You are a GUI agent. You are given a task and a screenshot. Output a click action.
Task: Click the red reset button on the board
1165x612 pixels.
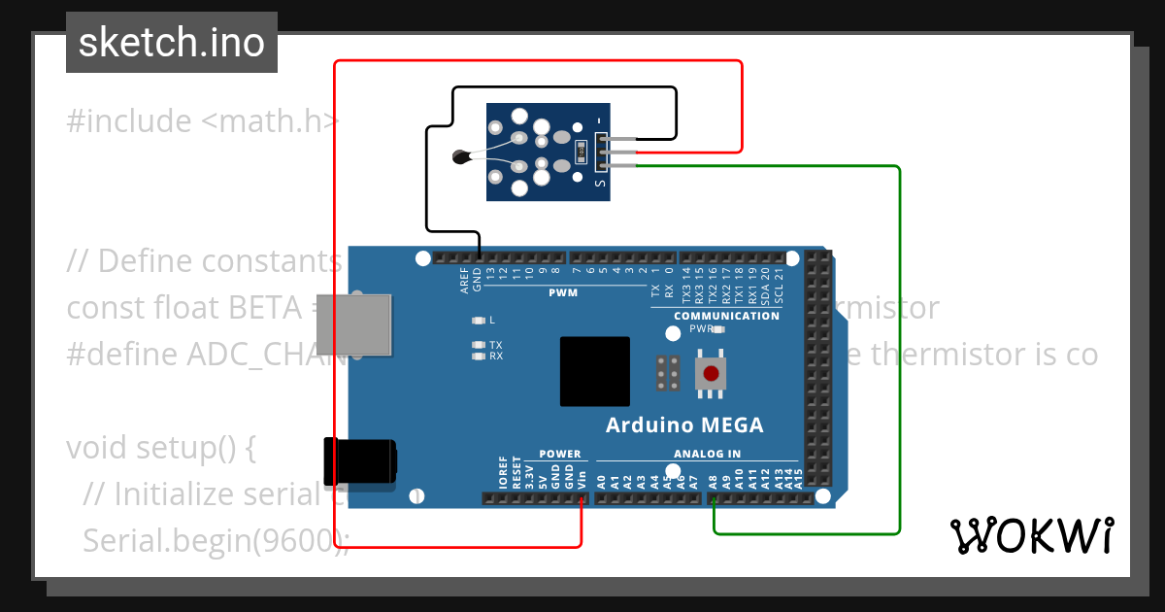pyautogui.click(x=712, y=372)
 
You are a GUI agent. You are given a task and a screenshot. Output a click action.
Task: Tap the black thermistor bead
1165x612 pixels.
pyautogui.click(x=461, y=156)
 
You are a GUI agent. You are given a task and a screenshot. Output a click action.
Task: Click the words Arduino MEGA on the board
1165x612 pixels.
pyautogui.click(x=684, y=425)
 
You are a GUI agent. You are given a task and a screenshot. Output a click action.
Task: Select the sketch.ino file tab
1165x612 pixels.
pyautogui.click(x=171, y=43)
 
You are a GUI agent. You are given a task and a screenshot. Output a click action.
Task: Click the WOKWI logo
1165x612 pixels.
pyautogui.click(x=1031, y=535)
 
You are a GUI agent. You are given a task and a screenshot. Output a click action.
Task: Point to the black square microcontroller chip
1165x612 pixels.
pyautogui.click(x=594, y=372)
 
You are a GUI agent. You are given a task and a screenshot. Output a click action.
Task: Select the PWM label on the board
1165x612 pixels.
pyautogui.click(x=563, y=292)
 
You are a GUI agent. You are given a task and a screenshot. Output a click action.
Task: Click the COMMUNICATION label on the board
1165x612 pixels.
pyautogui.click(x=726, y=316)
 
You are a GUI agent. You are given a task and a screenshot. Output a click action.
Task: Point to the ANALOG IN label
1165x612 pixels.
pyautogui.click(x=707, y=454)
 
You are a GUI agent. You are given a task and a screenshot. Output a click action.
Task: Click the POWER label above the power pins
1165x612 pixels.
pyautogui.click(x=559, y=454)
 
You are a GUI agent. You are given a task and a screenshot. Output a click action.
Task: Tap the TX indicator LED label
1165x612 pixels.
pyautogui.click(x=495, y=345)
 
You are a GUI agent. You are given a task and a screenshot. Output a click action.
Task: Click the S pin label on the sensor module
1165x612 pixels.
pyautogui.click(x=600, y=181)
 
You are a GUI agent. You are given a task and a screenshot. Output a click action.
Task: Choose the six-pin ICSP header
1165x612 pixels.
pyautogui.click(x=668, y=372)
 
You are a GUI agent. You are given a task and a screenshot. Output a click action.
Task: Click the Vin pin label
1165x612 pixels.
pyautogui.click(x=582, y=479)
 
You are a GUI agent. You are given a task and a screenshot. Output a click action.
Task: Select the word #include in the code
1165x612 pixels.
pyautogui.click(x=129, y=121)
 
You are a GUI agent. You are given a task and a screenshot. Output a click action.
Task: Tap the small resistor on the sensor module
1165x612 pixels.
pyautogui.click(x=581, y=151)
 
